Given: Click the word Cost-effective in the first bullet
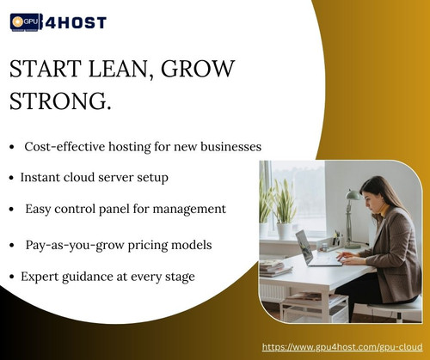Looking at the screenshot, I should click(x=68, y=147).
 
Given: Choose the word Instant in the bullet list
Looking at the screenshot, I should click(x=45, y=177).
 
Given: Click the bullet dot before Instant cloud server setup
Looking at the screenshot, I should click(x=11, y=178).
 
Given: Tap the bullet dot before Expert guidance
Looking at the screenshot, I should click(x=11, y=277).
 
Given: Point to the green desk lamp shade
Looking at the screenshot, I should click(x=352, y=196).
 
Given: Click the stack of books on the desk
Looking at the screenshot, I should click(x=276, y=267).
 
